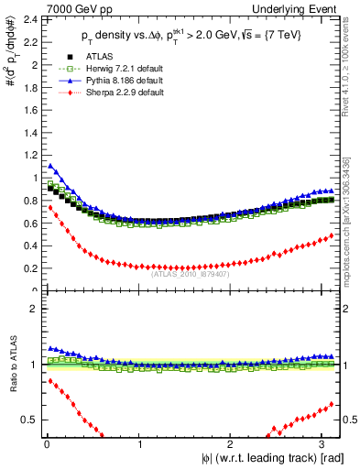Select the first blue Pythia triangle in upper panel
coord(49,166)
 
